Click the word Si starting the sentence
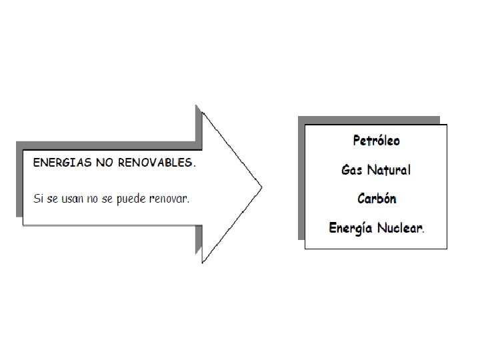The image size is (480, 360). (38, 199)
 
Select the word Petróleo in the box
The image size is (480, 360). (376, 141)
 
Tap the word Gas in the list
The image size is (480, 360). (351, 170)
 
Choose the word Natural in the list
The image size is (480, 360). (389, 170)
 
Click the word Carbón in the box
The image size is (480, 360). (377, 199)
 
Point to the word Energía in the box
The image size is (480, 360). (351, 229)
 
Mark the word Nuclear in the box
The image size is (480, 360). (400, 229)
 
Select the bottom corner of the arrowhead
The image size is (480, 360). (203, 262)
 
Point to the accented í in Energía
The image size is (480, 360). (366, 229)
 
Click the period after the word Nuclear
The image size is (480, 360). (424, 232)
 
